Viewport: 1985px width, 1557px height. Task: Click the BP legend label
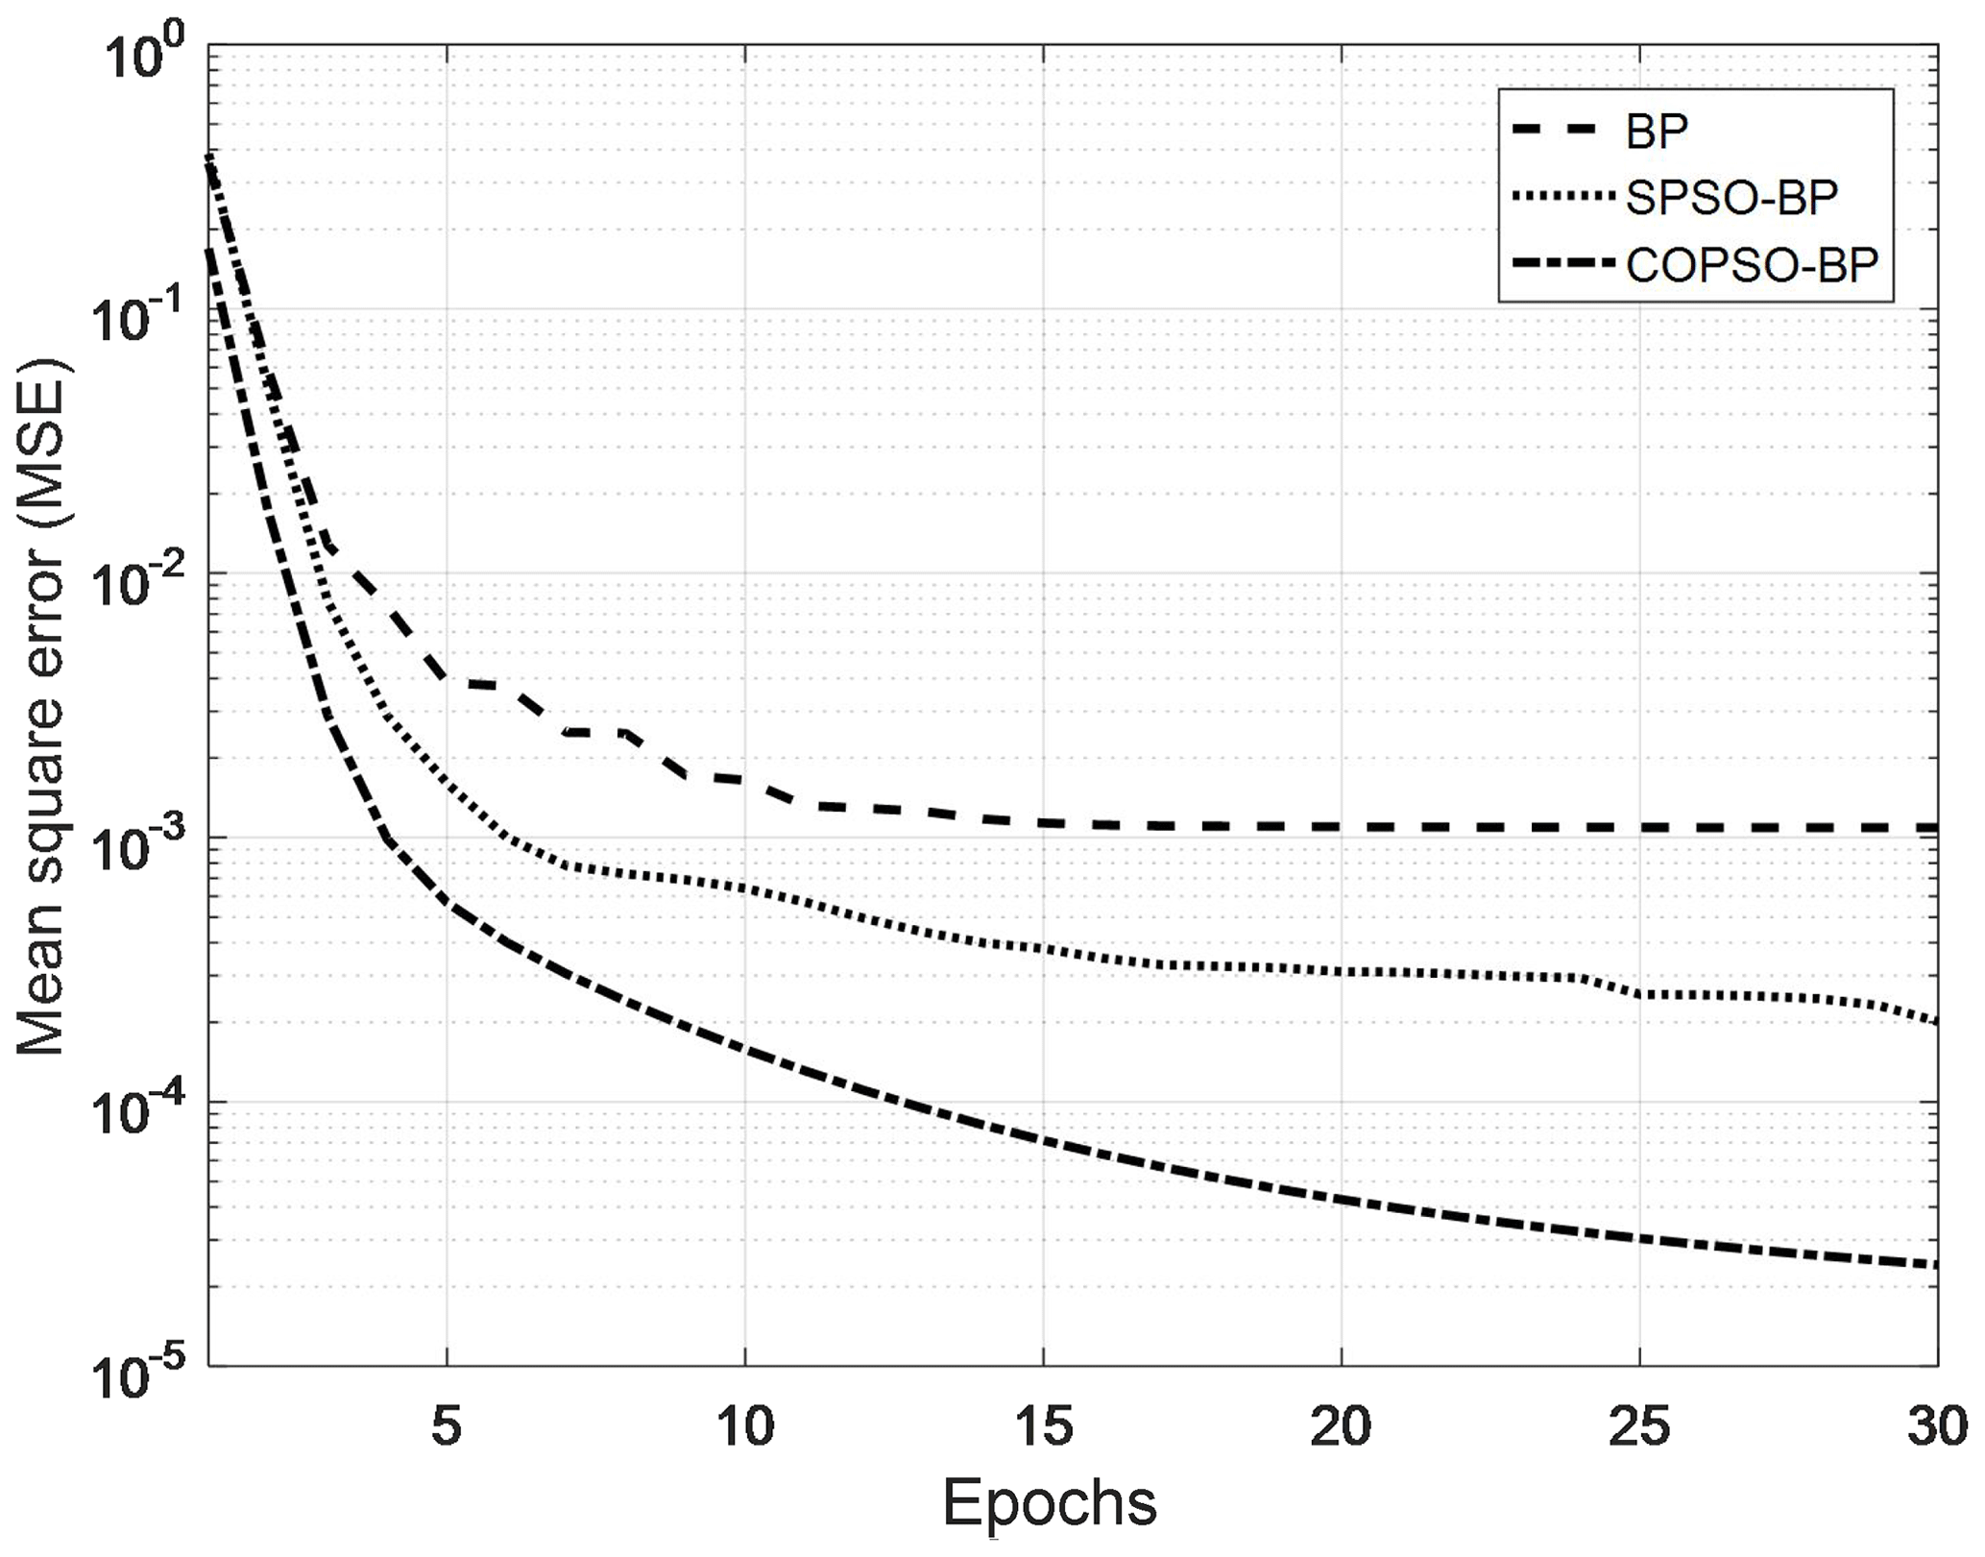1657,132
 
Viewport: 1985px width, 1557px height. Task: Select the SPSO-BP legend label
1731,198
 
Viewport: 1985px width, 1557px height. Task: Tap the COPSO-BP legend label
1752,265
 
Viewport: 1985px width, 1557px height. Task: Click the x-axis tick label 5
447,1427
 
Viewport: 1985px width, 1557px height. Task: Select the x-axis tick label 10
745,1427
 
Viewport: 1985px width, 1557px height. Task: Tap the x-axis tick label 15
1044,1427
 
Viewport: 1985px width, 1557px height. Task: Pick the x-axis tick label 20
1342,1427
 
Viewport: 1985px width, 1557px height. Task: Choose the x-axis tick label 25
1640,1427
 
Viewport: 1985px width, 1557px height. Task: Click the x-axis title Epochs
1050,1503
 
